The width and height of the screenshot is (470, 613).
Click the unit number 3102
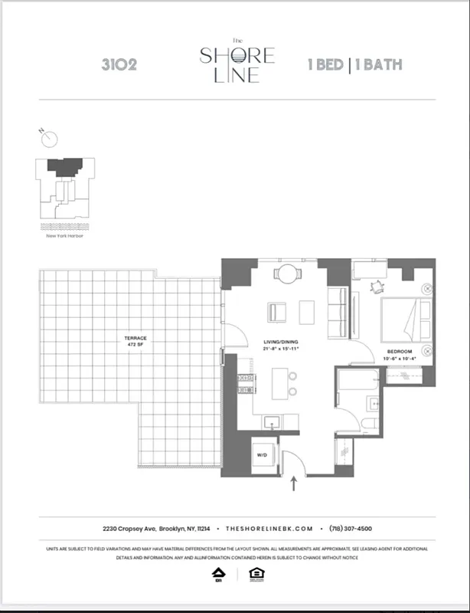pyautogui.click(x=119, y=64)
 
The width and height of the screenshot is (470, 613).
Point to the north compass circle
pyautogui.click(x=50, y=139)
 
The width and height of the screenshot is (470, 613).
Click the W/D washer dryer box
pyautogui.click(x=261, y=454)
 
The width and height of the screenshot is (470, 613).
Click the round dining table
pyautogui.click(x=286, y=273)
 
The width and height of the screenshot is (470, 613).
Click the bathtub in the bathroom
pyautogui.click(x=358, y=380)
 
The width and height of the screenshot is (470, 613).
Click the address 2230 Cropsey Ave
pyautogui.click(x=130, y=529)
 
